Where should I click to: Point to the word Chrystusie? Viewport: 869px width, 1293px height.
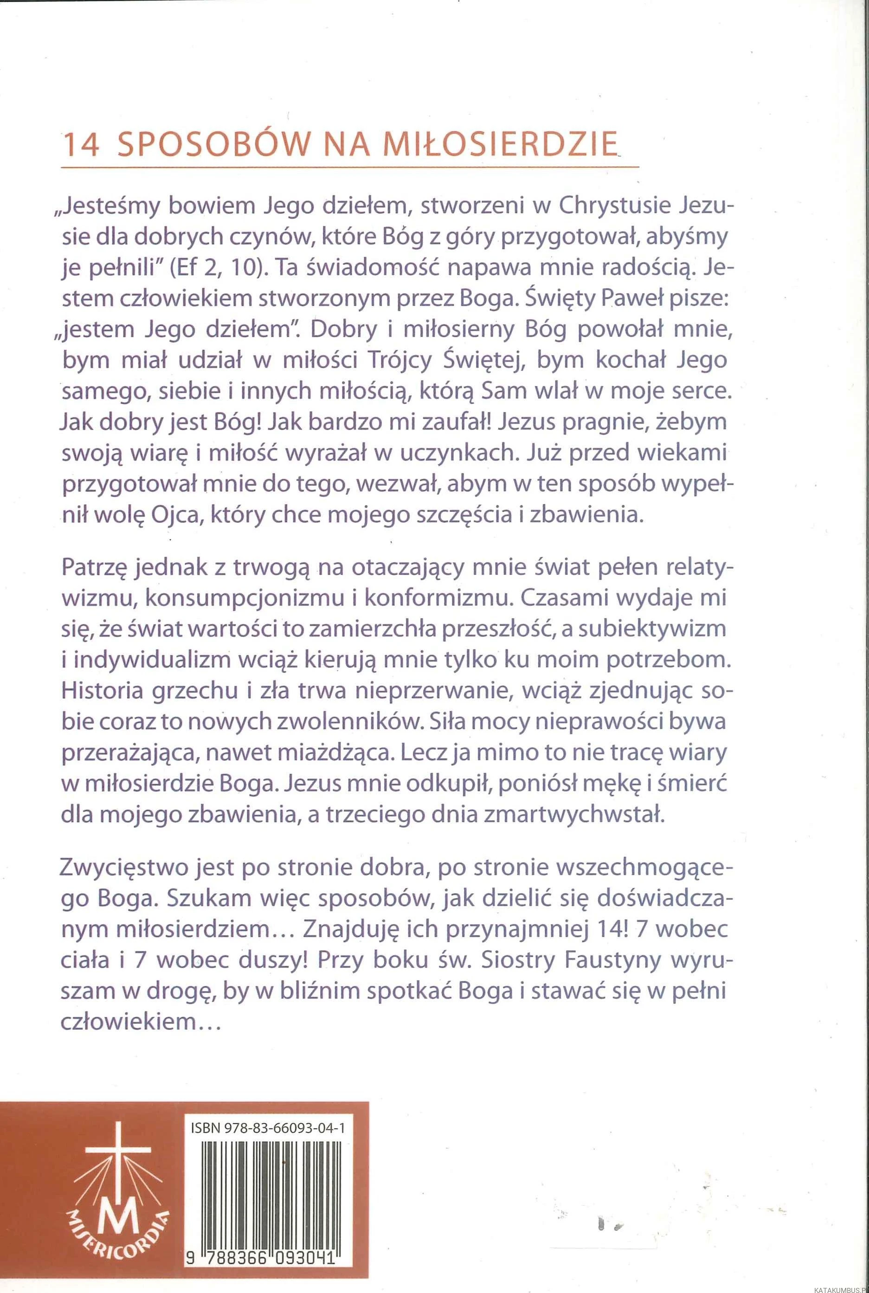[618, 206]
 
